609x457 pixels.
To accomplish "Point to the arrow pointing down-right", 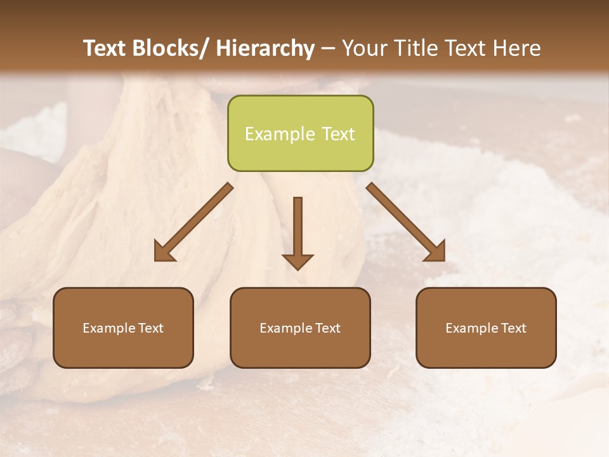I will [x=405, y=222].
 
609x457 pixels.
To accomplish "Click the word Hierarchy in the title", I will [x=265, y=48].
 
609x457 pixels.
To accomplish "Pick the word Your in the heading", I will [x=363, y=48].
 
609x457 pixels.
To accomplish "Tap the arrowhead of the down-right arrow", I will [x=436, y=252].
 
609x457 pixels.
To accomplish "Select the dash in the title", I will [x=328, y=49].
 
